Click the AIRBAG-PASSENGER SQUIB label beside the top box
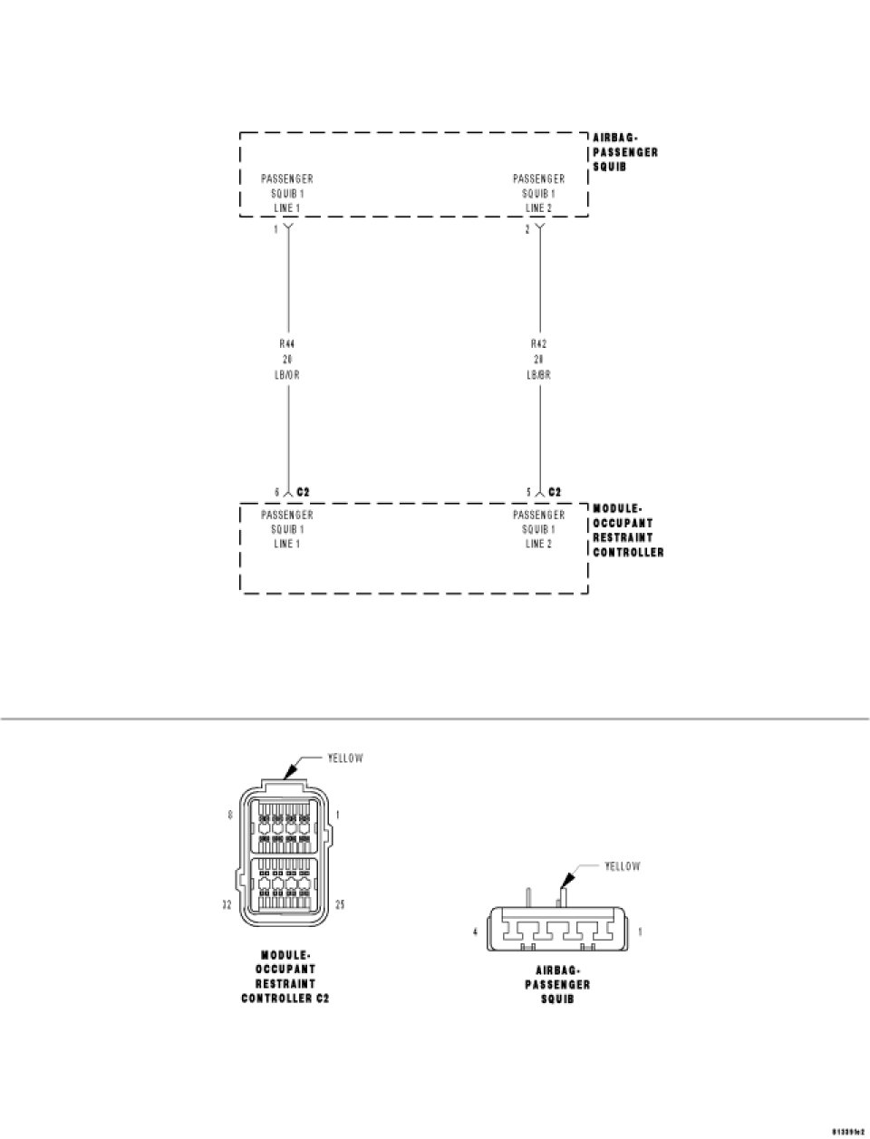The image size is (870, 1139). (x=625, y=152)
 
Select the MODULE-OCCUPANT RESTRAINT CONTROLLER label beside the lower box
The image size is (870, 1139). (x=628, y=530)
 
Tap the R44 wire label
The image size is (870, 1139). (x=287, y=344)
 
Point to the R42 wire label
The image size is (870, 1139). (x=539, y=344)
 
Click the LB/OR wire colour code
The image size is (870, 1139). (x=287, y=374)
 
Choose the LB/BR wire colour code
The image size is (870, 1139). (x=539, y=374)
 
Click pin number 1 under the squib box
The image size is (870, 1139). (x=276, y=230)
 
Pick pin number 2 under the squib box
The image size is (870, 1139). (x=527, y=230)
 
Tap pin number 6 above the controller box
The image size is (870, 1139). (x=276, y=492)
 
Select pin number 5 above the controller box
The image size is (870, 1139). (x=528, y=492)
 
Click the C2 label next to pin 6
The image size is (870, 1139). (x=304, y=492)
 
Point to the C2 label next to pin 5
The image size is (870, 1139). (x=555, y=492)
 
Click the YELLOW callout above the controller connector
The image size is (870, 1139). (x=345, y=758)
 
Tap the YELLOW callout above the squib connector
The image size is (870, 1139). (x=622, y=867)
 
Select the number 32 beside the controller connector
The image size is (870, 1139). (x=227, y=904)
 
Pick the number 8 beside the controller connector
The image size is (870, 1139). (x=230, y=815)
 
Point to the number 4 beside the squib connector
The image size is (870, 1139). (x=474, y=931)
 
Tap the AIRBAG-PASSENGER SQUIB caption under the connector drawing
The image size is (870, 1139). (x=557, y=984)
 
